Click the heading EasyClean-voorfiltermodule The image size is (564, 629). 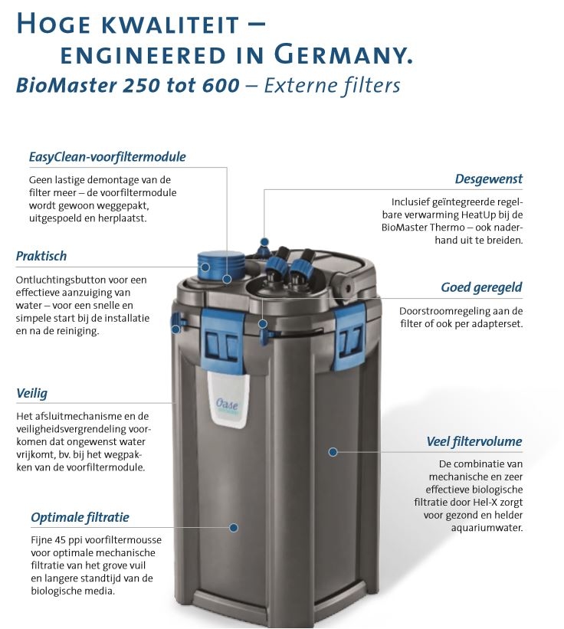point(107,157)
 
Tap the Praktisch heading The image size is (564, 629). point(41,256)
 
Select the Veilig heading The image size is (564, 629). point(31,394)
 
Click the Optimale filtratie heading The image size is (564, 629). point(80,517)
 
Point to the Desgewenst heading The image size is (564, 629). point(489,179)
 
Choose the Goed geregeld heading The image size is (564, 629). point(481,287)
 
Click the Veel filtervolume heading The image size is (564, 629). point(474,441)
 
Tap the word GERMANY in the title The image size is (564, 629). point(343,54)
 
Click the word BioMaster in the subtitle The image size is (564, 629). point(67,86)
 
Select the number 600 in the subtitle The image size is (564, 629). point(221,86)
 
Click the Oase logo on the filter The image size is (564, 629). point(227,403)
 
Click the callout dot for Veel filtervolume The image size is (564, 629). point(333,452)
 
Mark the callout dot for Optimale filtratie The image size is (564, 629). point(234,528)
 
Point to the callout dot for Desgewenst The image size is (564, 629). point(264,242)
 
